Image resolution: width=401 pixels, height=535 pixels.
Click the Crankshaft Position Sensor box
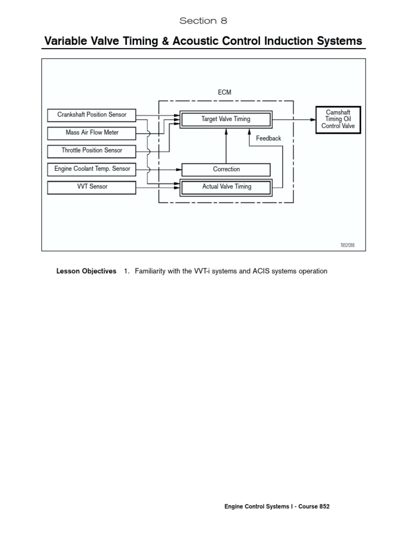pos(91,115)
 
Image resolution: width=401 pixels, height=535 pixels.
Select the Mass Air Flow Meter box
pos(91,133)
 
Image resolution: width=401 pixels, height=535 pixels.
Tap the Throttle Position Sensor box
pos(91,150)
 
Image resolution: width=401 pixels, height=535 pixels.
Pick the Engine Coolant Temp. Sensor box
pos(91,169)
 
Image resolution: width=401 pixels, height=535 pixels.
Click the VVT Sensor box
pos(91,187)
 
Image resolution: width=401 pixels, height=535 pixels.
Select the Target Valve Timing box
pos(226,119)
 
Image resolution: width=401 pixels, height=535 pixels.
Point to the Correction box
pos(226,169)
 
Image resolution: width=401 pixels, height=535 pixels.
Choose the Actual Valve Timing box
pos(226,187)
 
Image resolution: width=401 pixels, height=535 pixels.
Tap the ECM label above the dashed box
pos(225,92)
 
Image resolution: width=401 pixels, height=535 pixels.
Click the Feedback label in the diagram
pos(268,138)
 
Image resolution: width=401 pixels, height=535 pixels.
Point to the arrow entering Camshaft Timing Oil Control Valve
pos(295,119)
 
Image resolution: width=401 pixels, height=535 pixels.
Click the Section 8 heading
pos(204,21)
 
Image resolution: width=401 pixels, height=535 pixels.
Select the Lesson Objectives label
pos(86,271)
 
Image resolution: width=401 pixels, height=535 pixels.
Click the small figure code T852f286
pos(347,245)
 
